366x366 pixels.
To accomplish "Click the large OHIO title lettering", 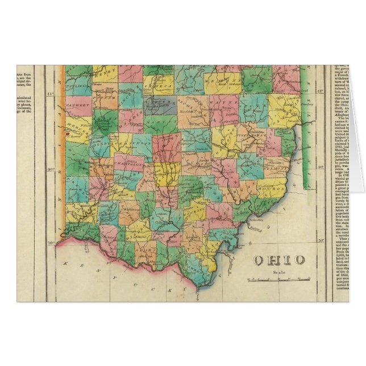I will [278, 260].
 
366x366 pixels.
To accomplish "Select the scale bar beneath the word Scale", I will [278, 279].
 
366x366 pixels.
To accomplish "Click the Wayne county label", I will [219, 106].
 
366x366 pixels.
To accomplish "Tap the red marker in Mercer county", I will [66, 135].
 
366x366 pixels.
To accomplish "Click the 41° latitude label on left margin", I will [49, 93].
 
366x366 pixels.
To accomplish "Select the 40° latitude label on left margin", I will [49, 168].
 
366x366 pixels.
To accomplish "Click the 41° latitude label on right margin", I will [320, 91].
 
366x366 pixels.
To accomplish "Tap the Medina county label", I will [226, 83].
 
